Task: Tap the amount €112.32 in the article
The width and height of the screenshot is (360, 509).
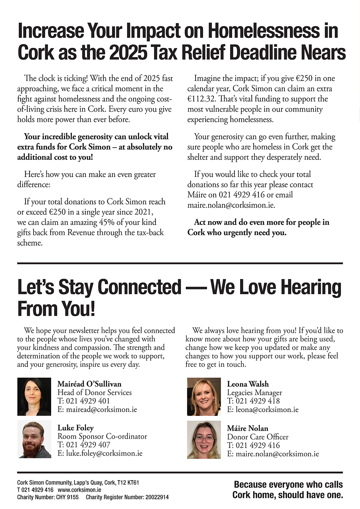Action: [201, 99]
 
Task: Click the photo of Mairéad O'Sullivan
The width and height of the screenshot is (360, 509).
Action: [34, 397]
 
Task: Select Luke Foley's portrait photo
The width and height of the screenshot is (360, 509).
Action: [34, 440]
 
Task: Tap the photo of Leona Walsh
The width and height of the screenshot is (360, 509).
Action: [204, 397]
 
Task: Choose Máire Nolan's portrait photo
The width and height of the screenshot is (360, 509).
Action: [204, 440]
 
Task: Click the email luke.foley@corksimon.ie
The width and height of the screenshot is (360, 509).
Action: [104, 454]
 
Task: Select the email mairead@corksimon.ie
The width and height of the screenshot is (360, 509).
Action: [102, 410]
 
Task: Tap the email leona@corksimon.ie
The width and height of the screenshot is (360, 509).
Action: [267, 410]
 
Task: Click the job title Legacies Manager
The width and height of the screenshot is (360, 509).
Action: [255, 393]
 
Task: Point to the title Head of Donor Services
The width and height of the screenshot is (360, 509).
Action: [95, 393]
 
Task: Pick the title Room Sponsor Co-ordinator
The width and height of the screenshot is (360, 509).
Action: [102, 437]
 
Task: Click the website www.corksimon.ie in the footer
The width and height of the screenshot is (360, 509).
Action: [79, 490]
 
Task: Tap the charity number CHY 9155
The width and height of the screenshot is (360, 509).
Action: [67, 497]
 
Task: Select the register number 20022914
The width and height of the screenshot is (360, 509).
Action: [157, 497]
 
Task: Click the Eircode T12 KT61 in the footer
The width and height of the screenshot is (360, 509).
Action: [128, 483]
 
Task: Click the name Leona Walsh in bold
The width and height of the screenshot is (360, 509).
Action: [248, 384]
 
